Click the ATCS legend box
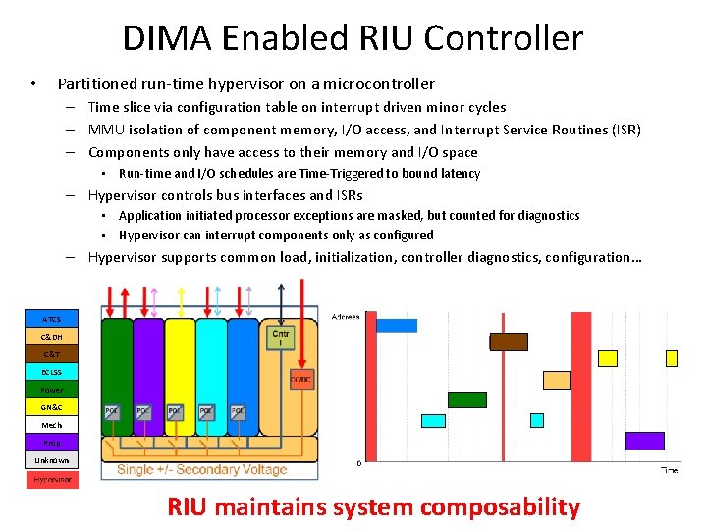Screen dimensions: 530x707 [x=52, y=319]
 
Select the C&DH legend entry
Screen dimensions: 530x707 [x=52, y=337]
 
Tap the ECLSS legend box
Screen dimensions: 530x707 [x=52, y=372]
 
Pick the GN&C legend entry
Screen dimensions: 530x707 [x=52, y=407]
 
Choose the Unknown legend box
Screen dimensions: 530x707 [x=52, y=460]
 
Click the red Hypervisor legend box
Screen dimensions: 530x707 [x=52, y=479]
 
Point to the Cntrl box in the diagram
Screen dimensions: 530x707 [x=280, y=338]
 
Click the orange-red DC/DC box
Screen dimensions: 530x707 [x=301, y=381]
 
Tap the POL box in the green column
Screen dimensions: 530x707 [x=113, y=412]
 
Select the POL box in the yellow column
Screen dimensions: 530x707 [x=175, y=412]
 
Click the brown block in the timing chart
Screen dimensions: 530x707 [x=509, y=342]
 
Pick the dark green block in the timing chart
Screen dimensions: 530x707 [x=467, y=399]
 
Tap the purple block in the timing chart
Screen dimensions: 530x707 [x=644, y=441]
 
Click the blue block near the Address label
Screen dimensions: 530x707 [x=397, y=325]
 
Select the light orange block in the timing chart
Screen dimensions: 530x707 [x=557, y=380]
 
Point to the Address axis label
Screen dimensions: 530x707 [x=346, y=316]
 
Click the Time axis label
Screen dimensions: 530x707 [x=669, y=470]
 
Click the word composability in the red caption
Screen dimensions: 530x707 [x=501, y=507]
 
